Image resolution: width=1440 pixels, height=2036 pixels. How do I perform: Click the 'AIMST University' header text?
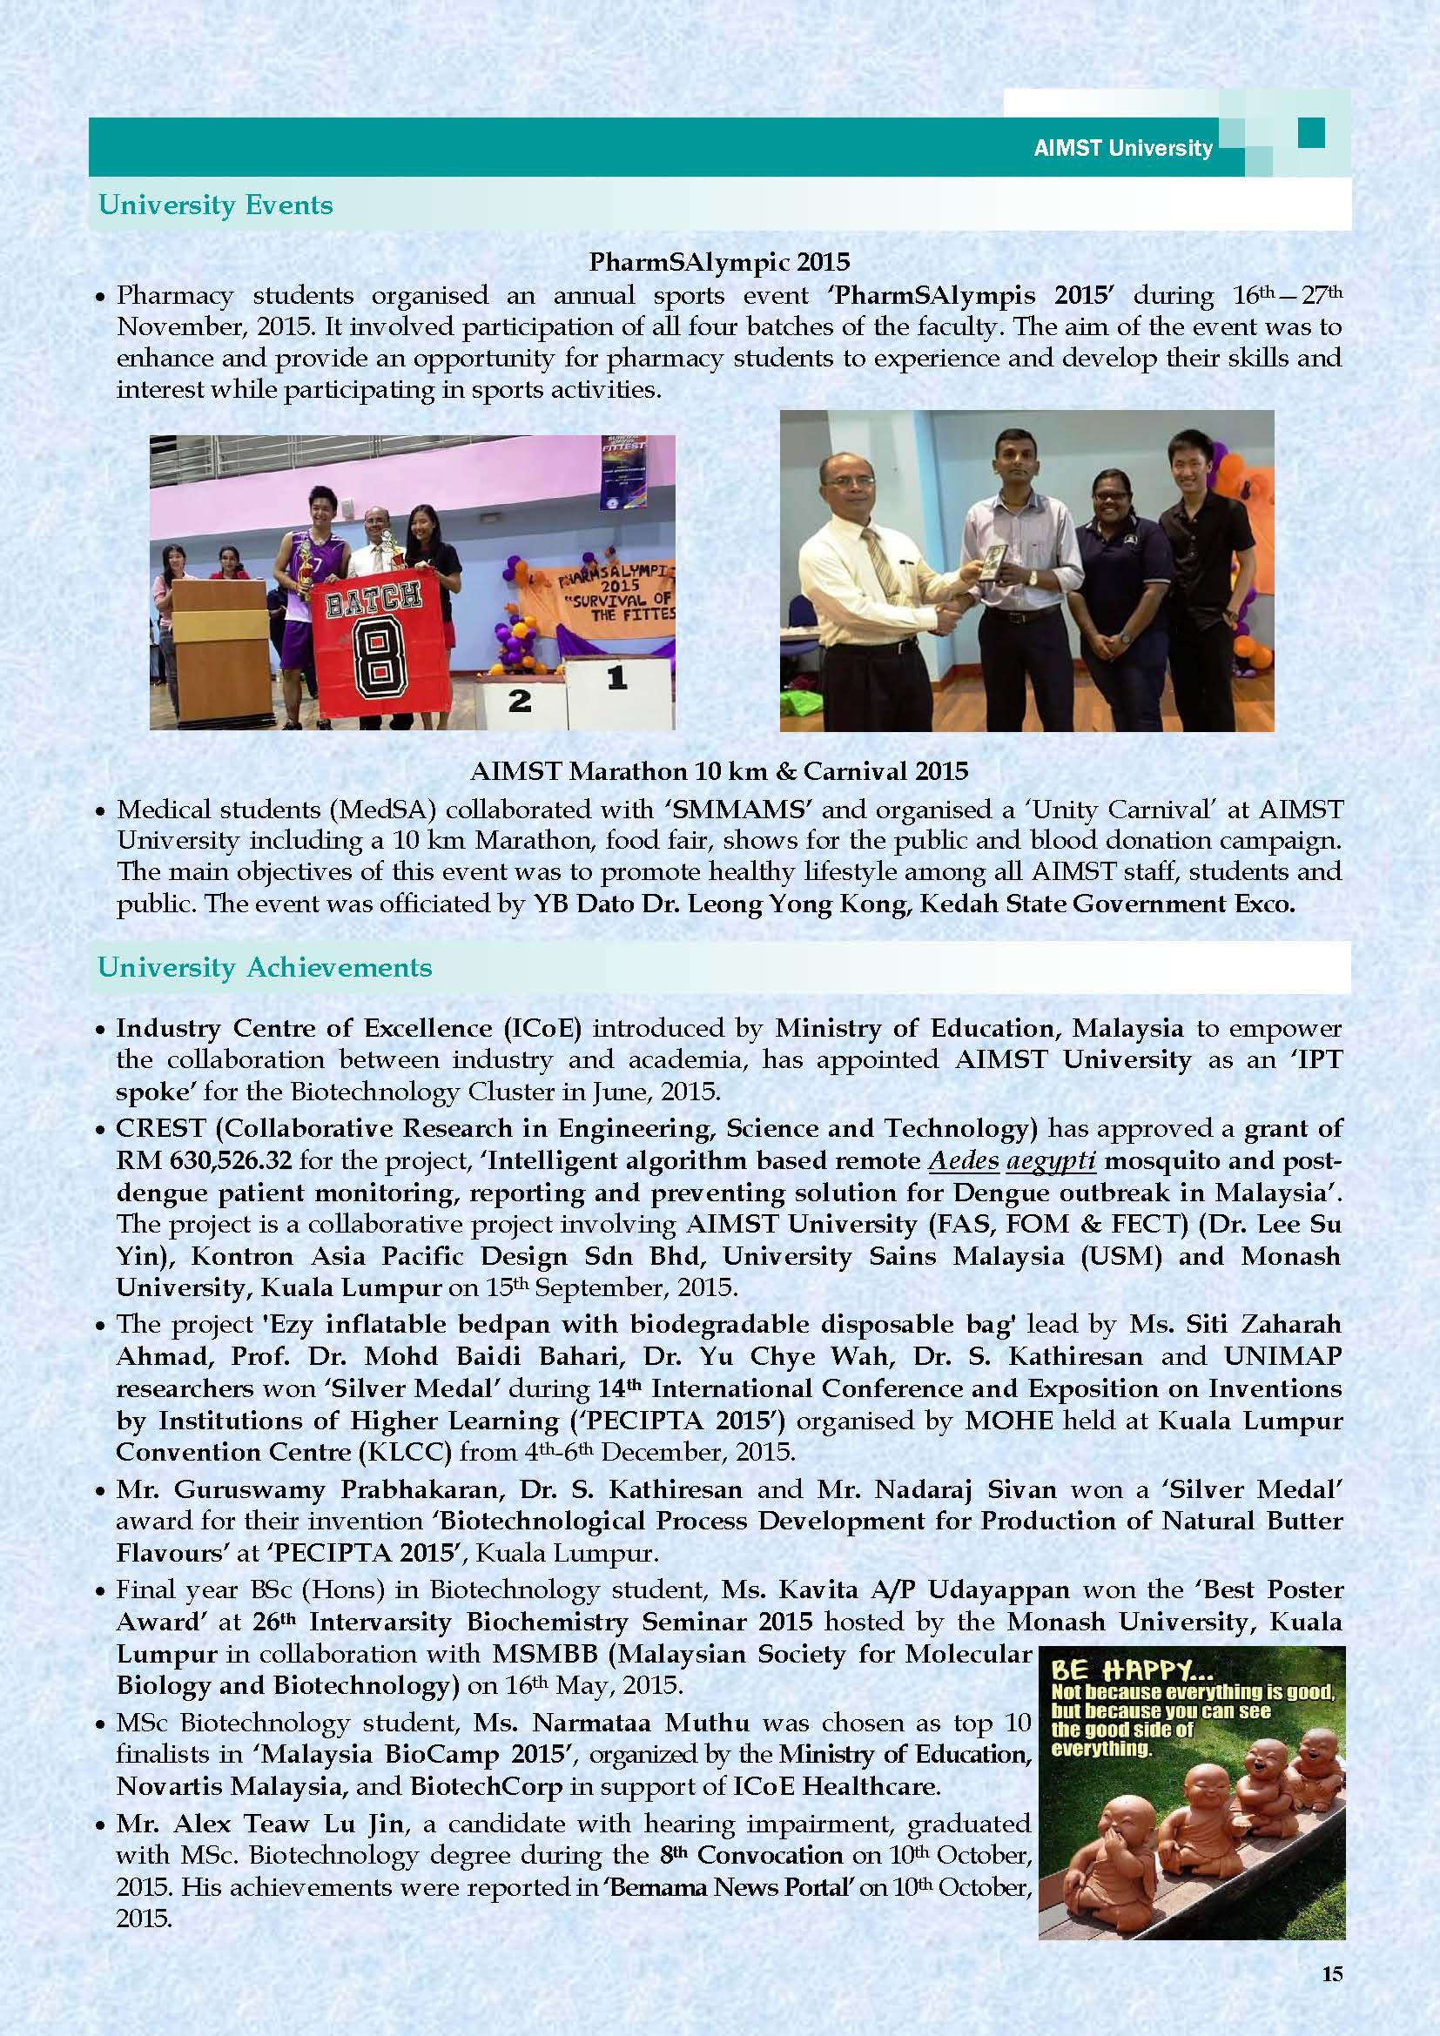(1122, 148)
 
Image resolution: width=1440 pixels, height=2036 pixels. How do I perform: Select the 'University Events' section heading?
(215, 205)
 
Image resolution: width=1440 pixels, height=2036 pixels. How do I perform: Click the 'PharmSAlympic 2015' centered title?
(719, 262)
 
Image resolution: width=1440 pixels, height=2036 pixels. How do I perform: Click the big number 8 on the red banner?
(383, 663)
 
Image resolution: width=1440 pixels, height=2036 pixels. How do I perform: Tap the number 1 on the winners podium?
(617, 678)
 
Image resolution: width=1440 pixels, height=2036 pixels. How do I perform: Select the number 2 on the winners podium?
(520, 702)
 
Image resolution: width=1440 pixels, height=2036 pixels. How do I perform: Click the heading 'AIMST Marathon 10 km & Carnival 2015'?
(719, 770)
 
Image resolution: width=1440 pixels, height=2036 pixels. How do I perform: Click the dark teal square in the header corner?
(1310, 133)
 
